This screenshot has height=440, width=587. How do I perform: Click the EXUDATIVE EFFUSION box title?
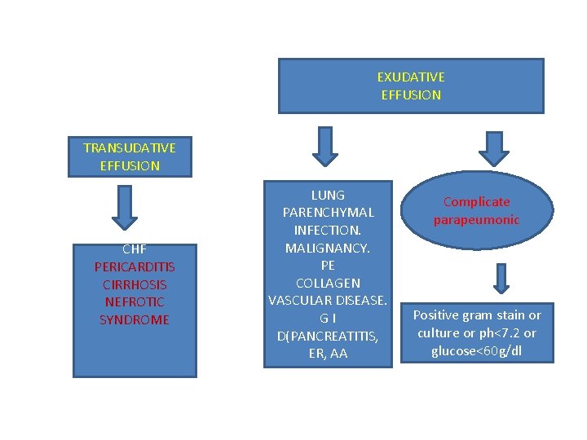tap(411, 86)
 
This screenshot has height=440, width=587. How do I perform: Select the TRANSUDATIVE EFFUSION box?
tap(130, 156)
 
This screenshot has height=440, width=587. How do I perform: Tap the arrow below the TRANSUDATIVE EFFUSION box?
tap(124, 207)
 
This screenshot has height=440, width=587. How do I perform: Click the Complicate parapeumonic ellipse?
tap(476, 211)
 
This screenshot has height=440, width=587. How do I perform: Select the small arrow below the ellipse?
tap(501, 278)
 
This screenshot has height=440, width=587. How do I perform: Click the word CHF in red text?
tap(135, 249)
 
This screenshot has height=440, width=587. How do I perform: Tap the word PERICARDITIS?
tap(135, 266)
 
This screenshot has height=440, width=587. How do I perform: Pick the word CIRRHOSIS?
tap(135, 284)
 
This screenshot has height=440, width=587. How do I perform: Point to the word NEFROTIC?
tap(135, 302)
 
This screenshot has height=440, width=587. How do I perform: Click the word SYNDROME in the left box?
tap(135, 320)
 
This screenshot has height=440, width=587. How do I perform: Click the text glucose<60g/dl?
tap(477, 350)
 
